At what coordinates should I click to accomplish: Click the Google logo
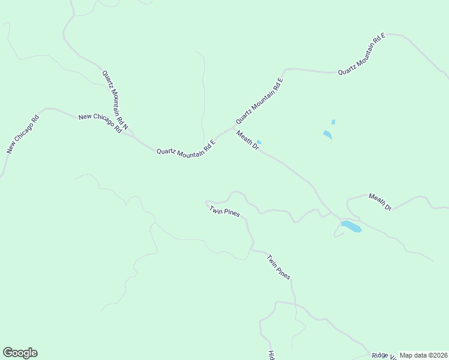coord(20,353)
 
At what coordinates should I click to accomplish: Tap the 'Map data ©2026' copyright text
coord(424,355)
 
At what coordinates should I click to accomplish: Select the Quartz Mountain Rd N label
coord(115,100)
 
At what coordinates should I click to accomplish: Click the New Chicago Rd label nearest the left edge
coord(22,134)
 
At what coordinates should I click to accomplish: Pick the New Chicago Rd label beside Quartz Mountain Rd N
coord(100,123)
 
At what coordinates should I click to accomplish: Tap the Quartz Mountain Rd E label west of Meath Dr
coord(185,147)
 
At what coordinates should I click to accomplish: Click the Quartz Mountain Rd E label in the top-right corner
coord(361,54)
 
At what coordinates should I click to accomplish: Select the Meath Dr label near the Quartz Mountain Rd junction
coord(247,140)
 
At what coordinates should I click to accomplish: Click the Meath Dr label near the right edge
coord(380,202)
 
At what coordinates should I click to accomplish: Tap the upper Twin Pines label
coord(224,212)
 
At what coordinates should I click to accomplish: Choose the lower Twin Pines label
coord(279,267)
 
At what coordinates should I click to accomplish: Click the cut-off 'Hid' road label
coord(271,354)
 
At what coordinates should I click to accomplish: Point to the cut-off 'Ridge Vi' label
coord(384,355)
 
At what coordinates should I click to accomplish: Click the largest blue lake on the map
coord(351,227)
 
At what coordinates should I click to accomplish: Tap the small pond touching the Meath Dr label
coord(259,142)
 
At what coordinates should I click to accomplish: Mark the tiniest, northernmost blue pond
coord(333,122)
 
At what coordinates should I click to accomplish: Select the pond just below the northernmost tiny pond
coord(327,135)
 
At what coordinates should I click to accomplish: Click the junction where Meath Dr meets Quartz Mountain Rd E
coord(233,128)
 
